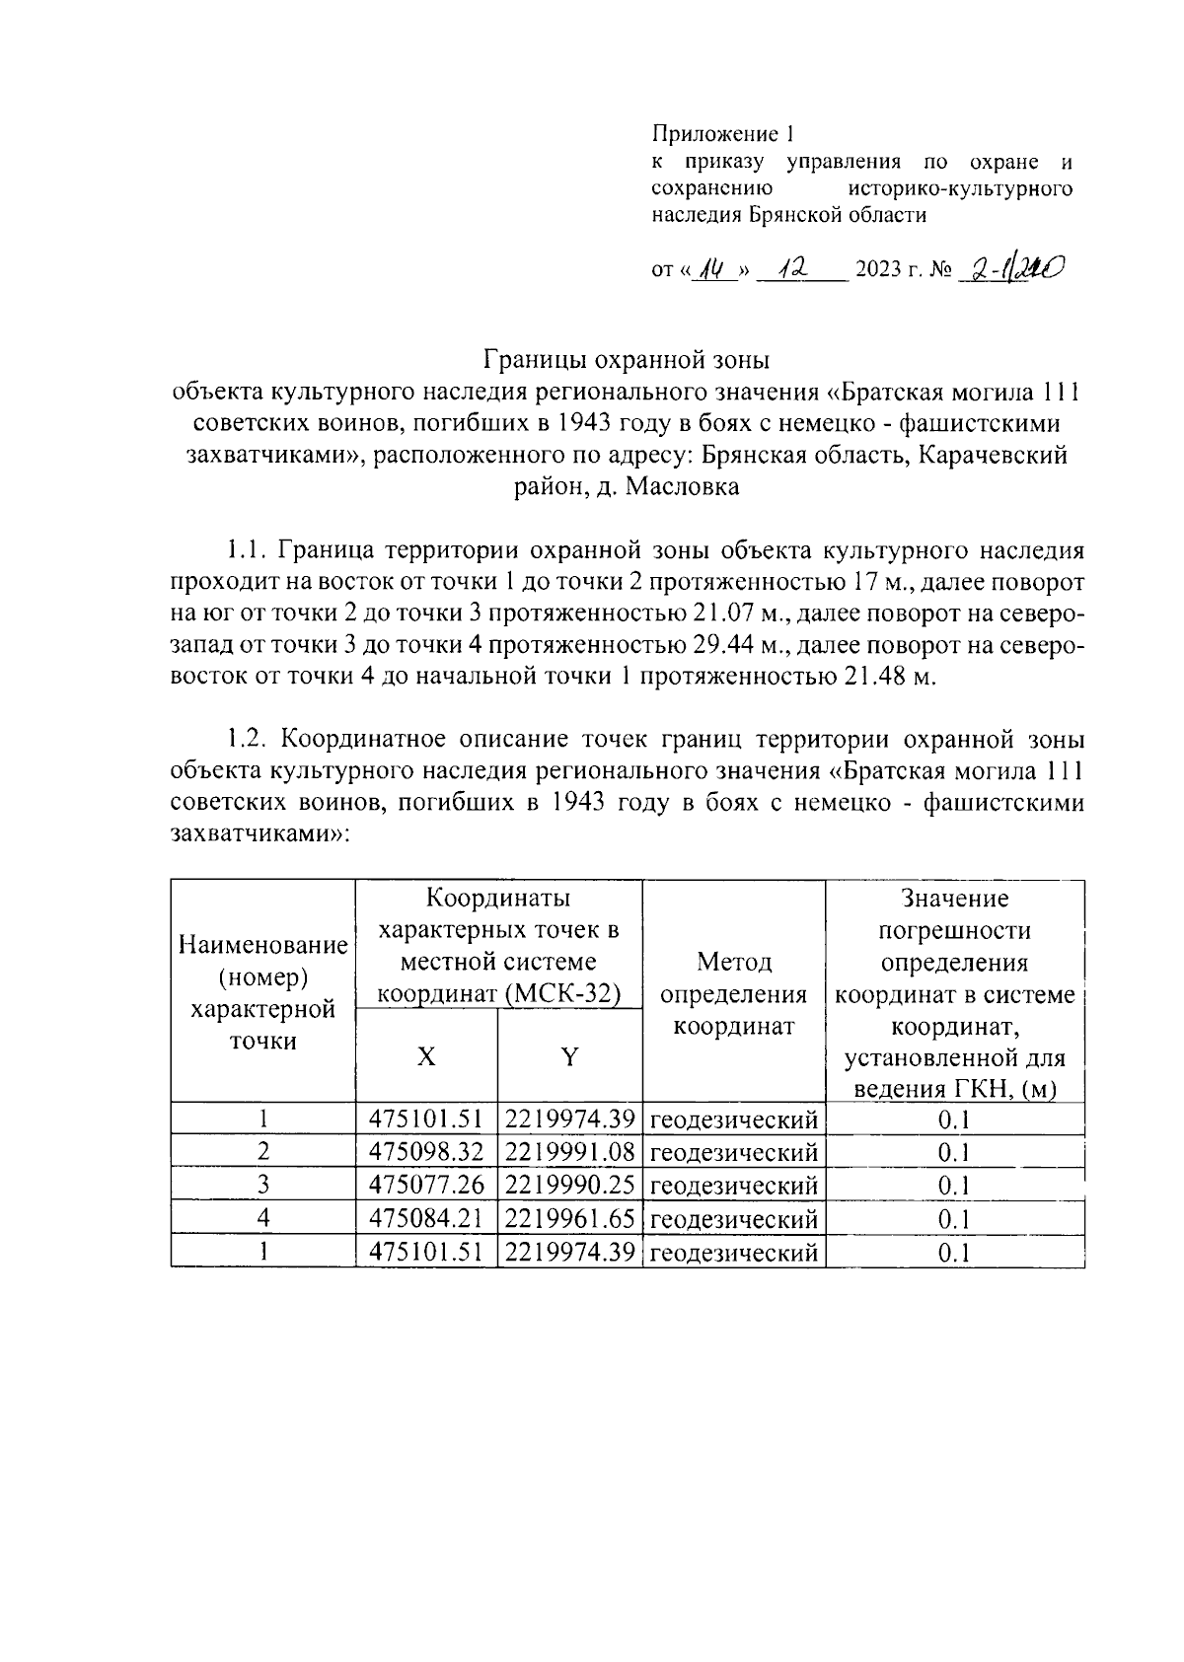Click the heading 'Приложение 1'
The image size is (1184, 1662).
point(722,133)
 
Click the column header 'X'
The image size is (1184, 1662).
point(425,1056)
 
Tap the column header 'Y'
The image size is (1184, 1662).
point(569,1056)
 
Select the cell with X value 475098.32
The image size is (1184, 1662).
point(425,1152)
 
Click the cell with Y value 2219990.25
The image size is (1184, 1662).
point(569,1185)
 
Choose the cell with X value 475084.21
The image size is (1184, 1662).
point(425,1218)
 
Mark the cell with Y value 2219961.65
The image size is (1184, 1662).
point(569,1218)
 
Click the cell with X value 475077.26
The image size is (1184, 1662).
point(425,1185)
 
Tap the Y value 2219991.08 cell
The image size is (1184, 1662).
point(569,1152)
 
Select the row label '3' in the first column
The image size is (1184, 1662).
point(262,1185)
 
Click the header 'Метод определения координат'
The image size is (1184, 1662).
point(733,993)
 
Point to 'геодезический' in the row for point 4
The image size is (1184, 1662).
point(734,1219)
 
